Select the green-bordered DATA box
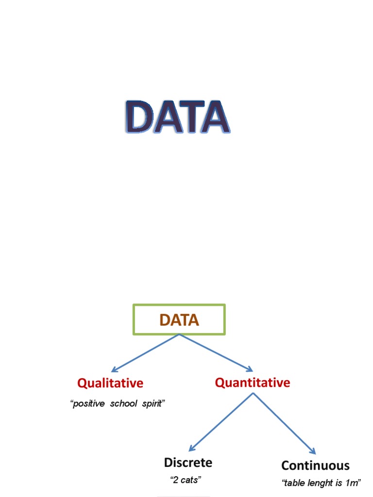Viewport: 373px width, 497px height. [x=179, y=320]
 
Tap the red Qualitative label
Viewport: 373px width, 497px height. [x=110, y=383]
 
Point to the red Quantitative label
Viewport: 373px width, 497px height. [x=253, y=382]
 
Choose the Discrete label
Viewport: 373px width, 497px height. [x=188, y=463]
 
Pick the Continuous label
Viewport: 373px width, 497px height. [x=315, y=465]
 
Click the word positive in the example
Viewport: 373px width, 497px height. [x=88, y=404]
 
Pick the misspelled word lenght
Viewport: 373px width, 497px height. [x=318, y=483]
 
